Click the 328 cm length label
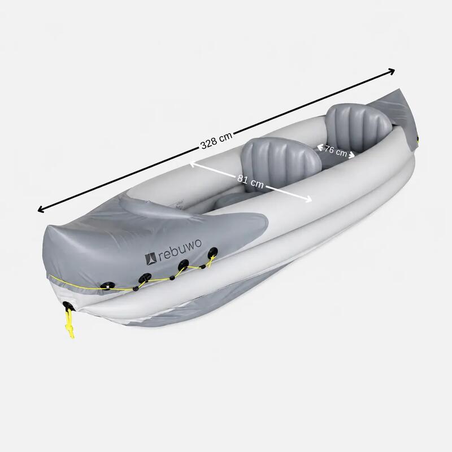216,140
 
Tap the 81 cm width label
250,180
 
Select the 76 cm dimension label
336,151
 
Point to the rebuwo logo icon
150,259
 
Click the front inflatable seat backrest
281,163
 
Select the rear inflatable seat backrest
358,126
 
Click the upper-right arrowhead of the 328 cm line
392,72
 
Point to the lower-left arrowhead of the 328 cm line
41,209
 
